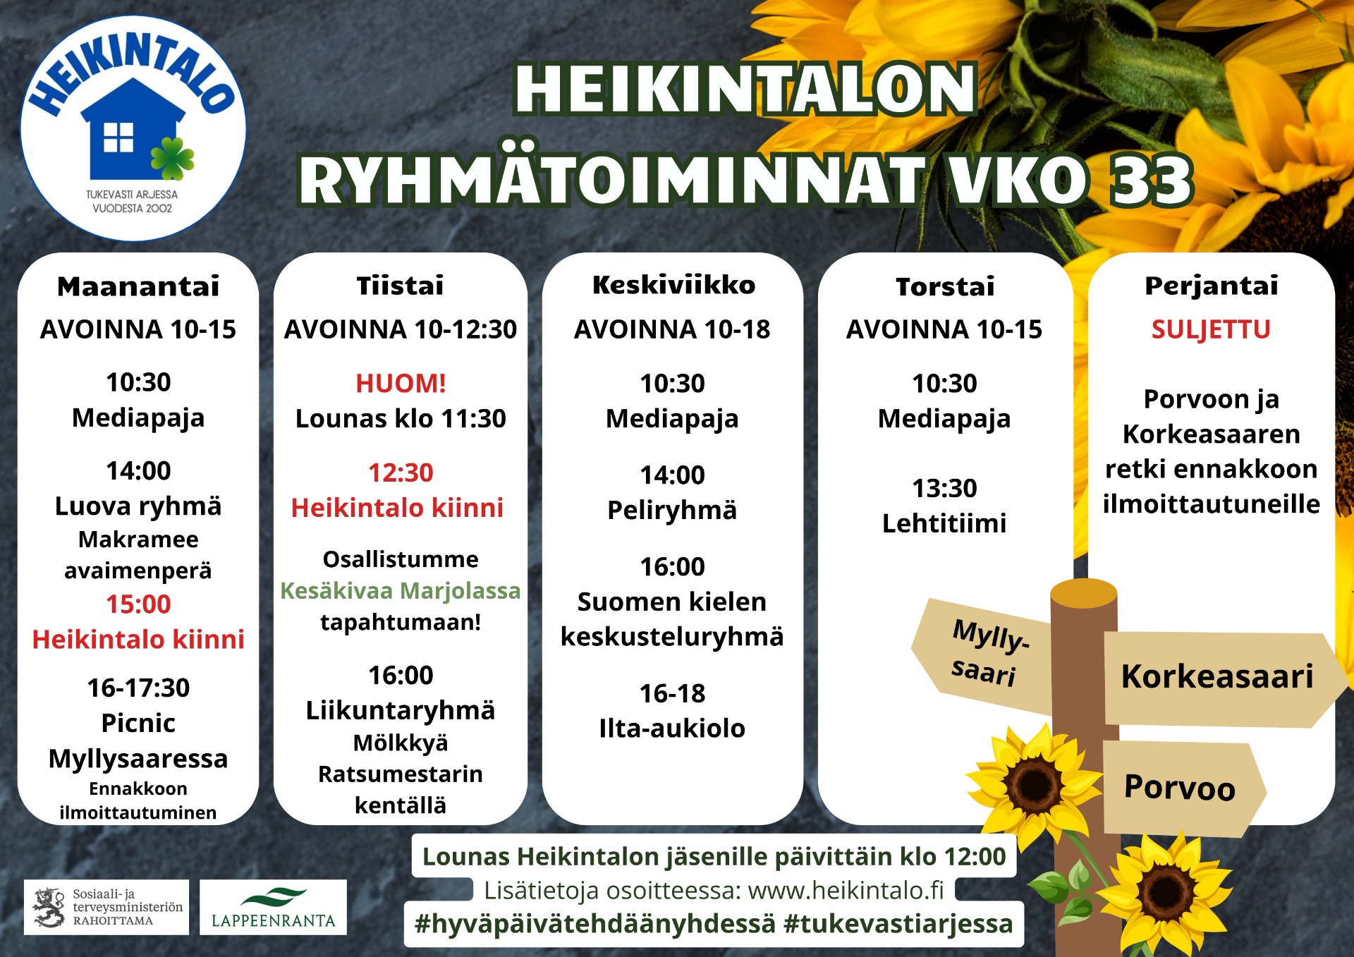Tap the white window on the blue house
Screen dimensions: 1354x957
118,137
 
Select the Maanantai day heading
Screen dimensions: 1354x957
138,286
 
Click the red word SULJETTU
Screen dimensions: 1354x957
1211,329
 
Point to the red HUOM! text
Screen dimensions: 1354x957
401,383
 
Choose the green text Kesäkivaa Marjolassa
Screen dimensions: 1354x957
401,590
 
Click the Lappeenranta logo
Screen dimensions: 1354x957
273,907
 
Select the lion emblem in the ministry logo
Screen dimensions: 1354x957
49,907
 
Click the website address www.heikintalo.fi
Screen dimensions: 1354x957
846,891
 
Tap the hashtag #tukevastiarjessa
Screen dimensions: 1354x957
898,924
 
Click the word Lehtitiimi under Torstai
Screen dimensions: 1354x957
944,523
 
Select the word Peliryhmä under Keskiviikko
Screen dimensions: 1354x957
672,510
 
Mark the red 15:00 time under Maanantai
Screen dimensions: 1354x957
138,604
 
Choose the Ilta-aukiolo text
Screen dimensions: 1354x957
672,729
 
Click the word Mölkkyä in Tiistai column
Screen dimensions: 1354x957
401,743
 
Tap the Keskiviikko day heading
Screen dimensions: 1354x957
673,285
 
